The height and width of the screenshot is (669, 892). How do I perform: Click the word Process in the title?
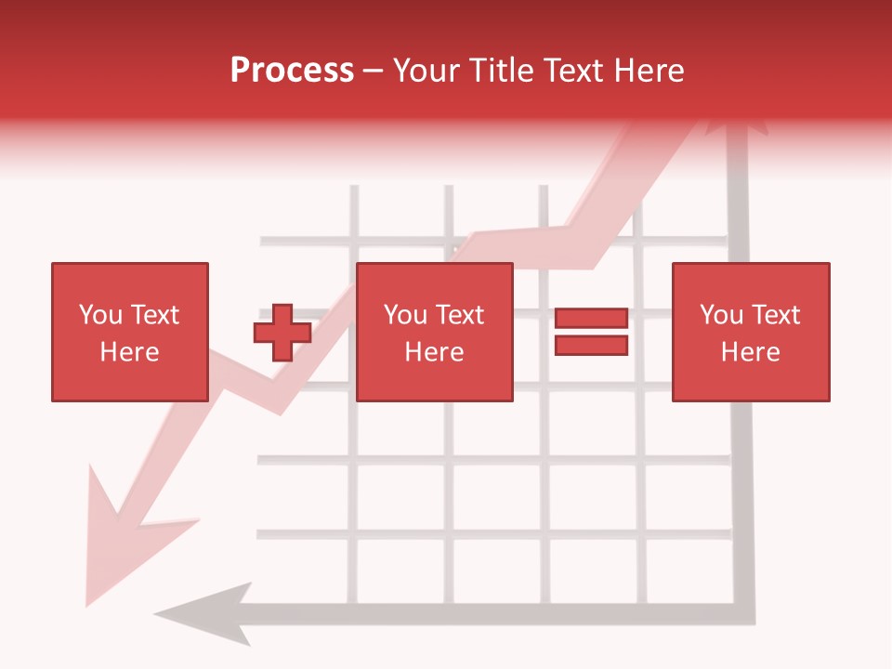[292, 71]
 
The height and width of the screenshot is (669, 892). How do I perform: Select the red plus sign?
[282, 333]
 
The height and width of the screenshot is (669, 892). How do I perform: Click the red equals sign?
[591, 332]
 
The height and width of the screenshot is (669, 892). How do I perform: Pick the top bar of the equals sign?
[591, 319]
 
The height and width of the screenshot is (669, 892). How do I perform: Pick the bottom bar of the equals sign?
[591, 345]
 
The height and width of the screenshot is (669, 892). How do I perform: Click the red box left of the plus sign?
[129, 332]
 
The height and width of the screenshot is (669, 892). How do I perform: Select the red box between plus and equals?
[434, 332]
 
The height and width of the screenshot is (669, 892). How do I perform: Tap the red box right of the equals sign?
[750, 332]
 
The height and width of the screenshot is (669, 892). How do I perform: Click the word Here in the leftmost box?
[129, 352]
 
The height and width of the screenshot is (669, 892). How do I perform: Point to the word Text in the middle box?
[459, 315]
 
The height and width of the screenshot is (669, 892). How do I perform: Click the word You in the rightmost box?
[721, 315]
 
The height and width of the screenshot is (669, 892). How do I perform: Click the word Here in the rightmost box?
[750, 352]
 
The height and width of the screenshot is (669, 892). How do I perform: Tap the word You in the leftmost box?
[100, 315]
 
